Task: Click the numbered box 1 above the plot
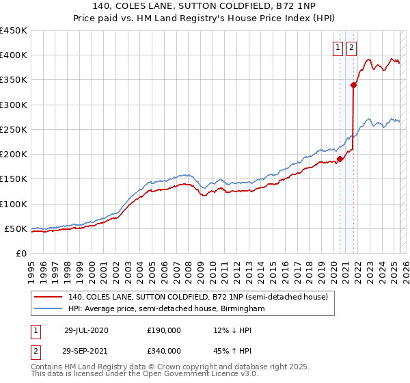tap(338, 48)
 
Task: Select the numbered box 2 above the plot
tap(351, 48)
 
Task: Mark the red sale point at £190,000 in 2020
tap(340, 159)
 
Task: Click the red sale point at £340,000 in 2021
tap(354, 85)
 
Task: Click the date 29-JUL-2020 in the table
tap(86, 330)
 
